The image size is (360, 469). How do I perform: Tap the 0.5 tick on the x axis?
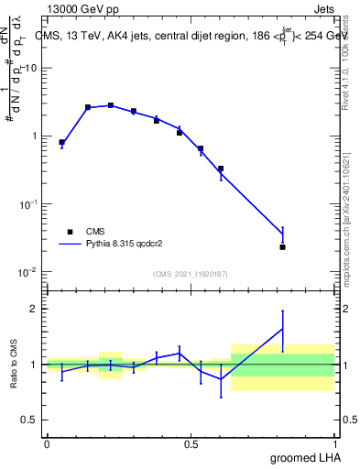[x=191, y=443]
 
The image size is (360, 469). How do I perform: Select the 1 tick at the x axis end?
[x=336, y=443]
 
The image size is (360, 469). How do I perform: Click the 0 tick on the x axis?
[x=47, y=443]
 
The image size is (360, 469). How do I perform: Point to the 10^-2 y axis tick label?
[x=27, y=272]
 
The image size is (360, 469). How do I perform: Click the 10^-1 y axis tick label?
[x=27, y=204]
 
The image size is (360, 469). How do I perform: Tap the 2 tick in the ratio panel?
[x=35, y=309]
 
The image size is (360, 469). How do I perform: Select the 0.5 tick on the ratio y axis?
[x=31, y=420]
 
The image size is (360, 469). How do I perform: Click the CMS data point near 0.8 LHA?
[x=282, y=246]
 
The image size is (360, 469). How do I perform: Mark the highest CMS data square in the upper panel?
[x=111, y=105]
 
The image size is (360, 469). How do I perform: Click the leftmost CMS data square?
[x=61, y=142]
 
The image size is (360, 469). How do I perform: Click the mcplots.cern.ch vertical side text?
[x=351, y=234]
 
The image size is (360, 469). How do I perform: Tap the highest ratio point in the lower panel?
[x=282, y=329]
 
